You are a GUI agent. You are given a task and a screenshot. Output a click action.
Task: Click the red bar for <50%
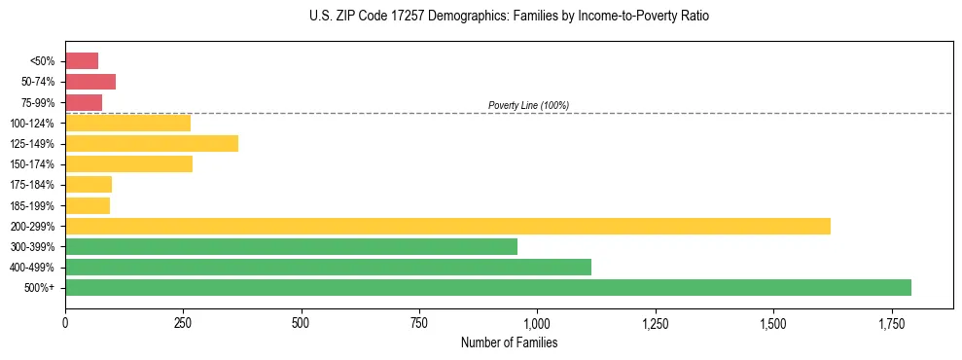82,61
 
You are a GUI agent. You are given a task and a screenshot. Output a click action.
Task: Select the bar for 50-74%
90,82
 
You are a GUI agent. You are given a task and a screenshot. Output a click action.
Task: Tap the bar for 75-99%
84,102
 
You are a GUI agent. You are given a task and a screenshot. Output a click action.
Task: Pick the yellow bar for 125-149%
152,144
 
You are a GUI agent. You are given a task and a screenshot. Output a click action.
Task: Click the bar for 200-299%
447,226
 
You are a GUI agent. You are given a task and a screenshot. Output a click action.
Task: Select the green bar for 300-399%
291,247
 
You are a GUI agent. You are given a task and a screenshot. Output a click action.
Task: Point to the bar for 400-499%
328,268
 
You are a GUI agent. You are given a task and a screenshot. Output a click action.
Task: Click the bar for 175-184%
89,185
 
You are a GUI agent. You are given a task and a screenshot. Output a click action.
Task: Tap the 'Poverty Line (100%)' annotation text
528,105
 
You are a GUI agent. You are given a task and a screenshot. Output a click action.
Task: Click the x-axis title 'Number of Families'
509,342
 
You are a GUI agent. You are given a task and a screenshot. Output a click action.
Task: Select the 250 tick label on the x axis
183,322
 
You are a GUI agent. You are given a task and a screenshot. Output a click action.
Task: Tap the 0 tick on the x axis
65,322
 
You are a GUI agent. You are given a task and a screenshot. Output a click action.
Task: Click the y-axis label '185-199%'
32,205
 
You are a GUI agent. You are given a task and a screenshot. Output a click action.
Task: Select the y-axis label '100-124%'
32,124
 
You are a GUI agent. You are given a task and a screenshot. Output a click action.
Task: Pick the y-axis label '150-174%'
32,164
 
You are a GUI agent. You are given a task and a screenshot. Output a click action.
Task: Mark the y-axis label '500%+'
40,288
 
